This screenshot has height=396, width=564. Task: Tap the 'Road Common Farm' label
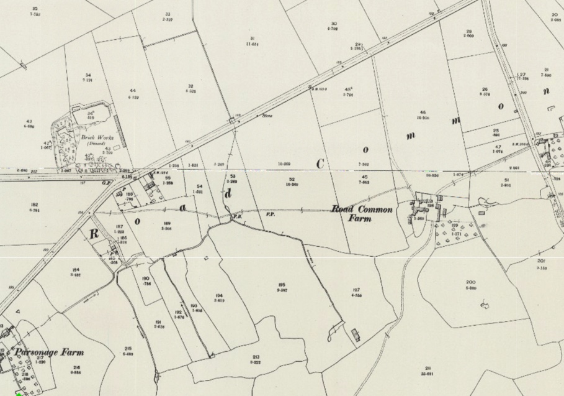click(x=362, y=213)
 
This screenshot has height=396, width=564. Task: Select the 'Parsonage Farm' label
click(x=49, y=352)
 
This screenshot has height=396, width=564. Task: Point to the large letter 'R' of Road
click(x=94, y=234)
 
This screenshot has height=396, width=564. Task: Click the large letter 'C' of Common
click(x=320, y=164)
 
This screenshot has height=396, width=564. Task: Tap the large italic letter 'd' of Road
click(x=228, y=193)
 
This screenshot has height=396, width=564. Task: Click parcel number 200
click(x=470, y=282)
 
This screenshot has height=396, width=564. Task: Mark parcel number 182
click(x=34, y=205)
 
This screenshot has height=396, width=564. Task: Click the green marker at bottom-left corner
click(x=20, y=393)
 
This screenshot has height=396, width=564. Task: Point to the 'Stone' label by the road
click(x=267, y=115)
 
